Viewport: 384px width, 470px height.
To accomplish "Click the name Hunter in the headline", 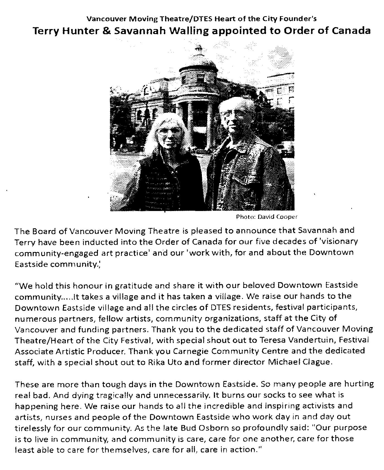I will click(x=80, y=30).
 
